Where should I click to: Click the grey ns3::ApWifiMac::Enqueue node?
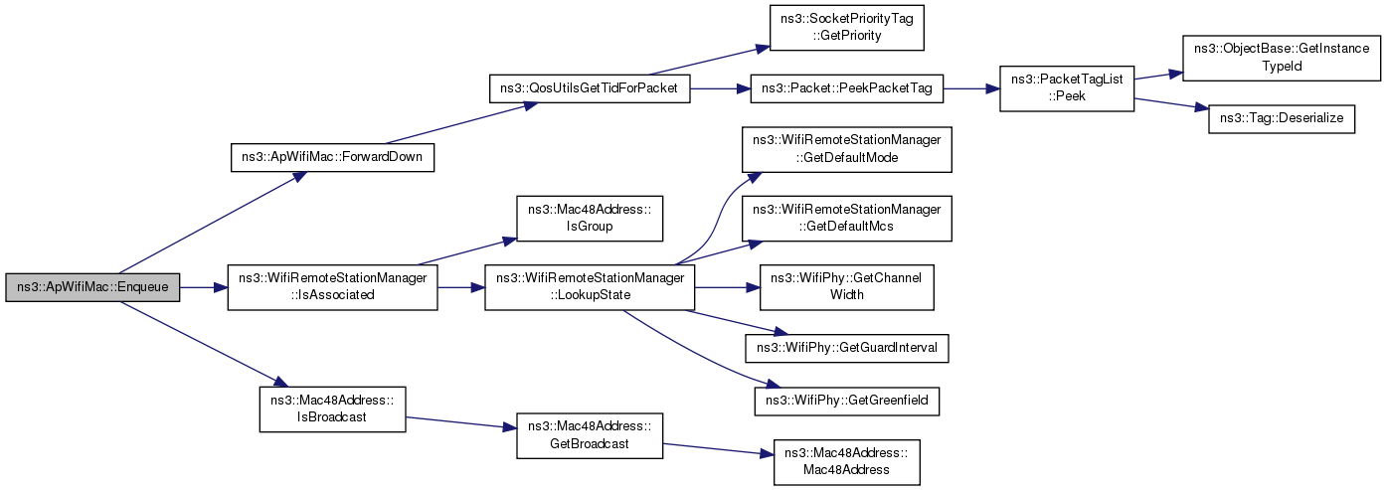coord(92,287)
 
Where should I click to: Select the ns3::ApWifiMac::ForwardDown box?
coord(332,157)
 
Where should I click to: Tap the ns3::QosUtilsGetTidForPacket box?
coord(590,88)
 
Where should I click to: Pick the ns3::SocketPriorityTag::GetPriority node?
coord(846,27)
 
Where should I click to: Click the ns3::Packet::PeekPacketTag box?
coord(846,88)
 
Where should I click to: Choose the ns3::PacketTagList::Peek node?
coord(1067,88)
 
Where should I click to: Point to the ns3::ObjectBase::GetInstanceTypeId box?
coord(1282,58)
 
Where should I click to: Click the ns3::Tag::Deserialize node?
coord(1282,119)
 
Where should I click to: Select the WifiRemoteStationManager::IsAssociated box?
coord(332,287)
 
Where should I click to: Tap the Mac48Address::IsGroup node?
coord(590,219)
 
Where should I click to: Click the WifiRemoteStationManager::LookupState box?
coord(590,287)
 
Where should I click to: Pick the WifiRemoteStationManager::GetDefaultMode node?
coord(846,149)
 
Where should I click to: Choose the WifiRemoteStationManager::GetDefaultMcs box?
coord(846,219)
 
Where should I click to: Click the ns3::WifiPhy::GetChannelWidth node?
coord(846,287)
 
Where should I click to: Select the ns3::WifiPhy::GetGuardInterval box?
coord(846,348)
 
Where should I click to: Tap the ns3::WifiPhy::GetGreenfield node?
coord(846,402)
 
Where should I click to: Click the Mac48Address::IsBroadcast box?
coord(332,408)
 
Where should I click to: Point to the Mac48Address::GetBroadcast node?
coord(590,435)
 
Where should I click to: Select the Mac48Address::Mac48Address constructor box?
coord(846,462)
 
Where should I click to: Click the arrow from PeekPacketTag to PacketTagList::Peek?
coord(971,88)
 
